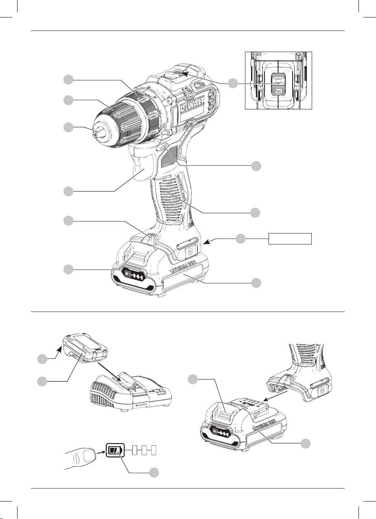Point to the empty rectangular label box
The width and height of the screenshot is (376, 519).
(290, 239)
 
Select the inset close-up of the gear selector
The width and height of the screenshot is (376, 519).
(278, 80)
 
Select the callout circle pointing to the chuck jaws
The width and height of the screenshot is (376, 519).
(68, 127)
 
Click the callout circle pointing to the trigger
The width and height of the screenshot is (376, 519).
(68, 192)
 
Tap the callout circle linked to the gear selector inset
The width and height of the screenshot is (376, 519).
(233, 83)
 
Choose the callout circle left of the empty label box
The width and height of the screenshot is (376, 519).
(240, 239)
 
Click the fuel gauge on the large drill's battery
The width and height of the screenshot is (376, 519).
(133, 275)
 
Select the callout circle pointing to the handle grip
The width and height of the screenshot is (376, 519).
(255, 212)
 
